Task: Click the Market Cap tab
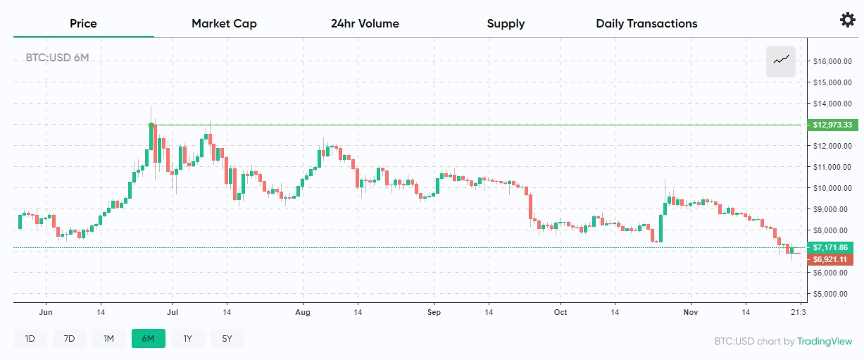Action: coord(224,24)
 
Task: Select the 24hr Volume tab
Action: coord(365,24)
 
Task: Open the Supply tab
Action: coord(506,24)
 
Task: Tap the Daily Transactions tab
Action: coord(646,24)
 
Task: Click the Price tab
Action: coord(83,24)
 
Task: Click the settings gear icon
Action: coord(848,20)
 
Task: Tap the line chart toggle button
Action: coord(781,61)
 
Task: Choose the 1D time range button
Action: coord(30,339)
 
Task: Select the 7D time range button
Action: coord(69,339)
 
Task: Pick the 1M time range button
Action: coord(108,339)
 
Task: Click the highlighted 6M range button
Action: coord(148,339)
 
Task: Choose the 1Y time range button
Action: coord(187,339)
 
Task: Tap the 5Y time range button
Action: coord(227,339)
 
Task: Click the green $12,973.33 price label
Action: coord(832,125)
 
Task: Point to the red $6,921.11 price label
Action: coord(832,259)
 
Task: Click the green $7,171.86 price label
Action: coord(832,247)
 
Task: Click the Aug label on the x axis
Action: coord(303,311)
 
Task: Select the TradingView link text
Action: coord(825,342)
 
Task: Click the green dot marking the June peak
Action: coord(151,125)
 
